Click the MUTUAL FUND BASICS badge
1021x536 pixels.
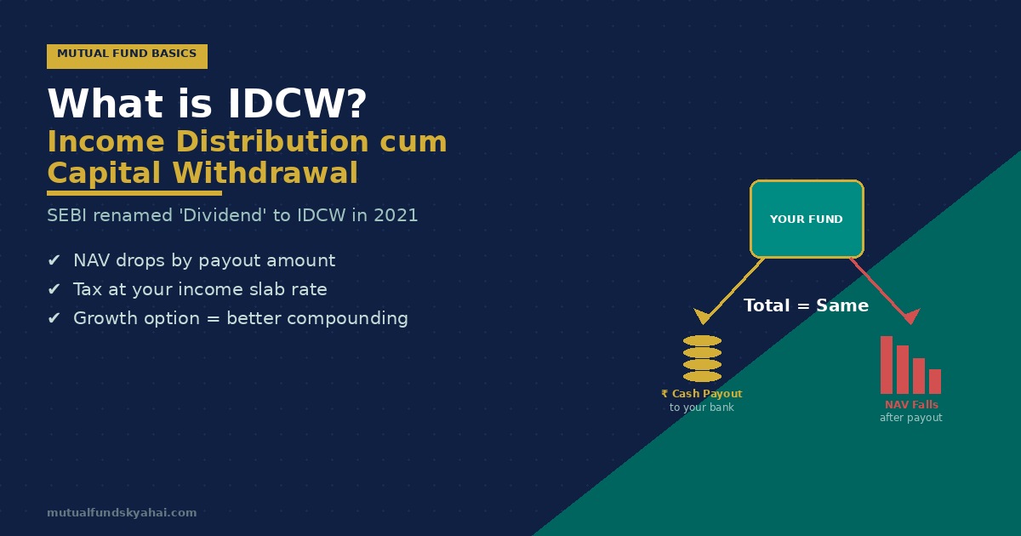[x=127, y=56]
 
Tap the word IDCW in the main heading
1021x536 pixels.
[x=297, y=104]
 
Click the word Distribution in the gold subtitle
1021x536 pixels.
[x=272, y=141]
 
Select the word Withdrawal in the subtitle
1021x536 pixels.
[x=265, y=174]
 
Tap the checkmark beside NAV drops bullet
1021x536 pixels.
[x=54, y=260]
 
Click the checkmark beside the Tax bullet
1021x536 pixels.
[x=54, y=289]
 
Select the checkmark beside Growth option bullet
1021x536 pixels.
[x=54, y=317]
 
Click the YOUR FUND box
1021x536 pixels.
[x=807, y=220]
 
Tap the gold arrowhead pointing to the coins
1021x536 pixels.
[x=703, y=316]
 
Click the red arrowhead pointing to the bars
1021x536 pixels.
[x=910, y=316]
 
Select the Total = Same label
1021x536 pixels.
[x=806, y=305]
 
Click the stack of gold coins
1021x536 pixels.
[x=703, y=359]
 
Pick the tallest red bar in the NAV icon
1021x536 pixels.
[x=887, y=365]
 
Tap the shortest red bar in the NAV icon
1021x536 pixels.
[x=935, y=381]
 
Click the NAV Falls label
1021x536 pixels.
[x=911, y=405]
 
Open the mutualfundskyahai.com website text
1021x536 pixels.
[x=122, y=513]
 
